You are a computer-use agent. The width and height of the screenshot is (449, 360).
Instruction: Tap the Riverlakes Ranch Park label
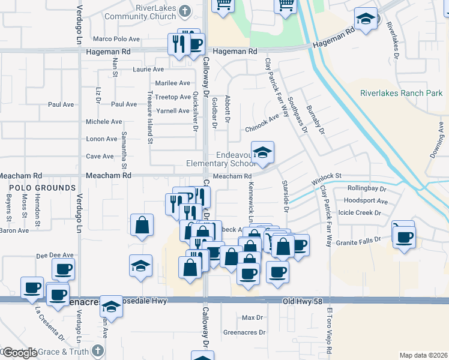[x=401, y=93]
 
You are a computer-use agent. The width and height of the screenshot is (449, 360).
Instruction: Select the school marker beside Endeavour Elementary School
[x=262, y=154]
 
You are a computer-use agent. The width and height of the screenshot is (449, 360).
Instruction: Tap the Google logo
[x=19, y=352]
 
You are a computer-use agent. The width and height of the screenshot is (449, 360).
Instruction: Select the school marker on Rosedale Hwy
[x=111, y=307]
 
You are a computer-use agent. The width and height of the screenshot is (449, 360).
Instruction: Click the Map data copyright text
[x=423, y=355]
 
